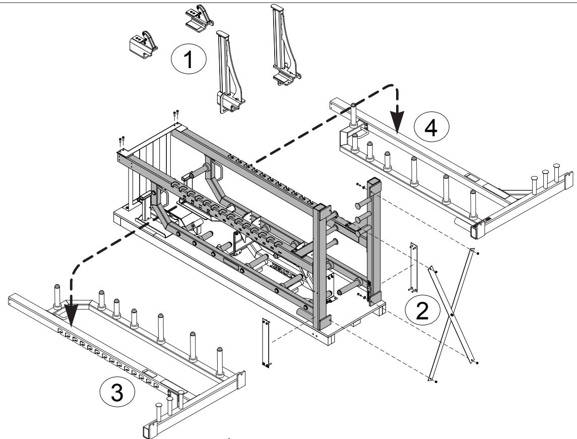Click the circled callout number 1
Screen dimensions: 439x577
point(188,61)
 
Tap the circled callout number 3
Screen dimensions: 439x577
point(116,393)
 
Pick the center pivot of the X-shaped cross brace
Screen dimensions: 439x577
point(452,314)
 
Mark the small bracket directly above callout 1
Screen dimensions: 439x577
point(198,16)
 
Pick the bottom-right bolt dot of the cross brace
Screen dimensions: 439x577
point(477,362)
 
